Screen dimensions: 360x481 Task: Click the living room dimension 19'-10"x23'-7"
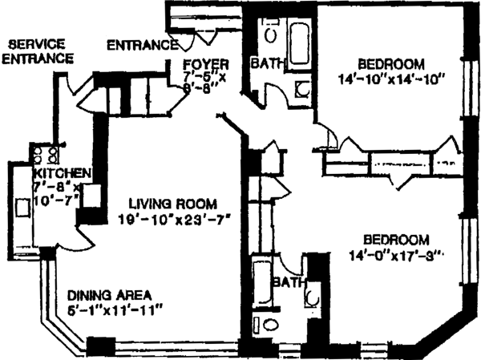pyautogui.click(x=174, y=219)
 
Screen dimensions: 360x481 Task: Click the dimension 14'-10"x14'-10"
pyautogui.click(x=390, y=80)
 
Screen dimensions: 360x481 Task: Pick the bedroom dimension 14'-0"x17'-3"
pyautogui.click(x=396, y=255)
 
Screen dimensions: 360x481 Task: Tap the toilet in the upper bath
pyautogui.click(x=271, y=34)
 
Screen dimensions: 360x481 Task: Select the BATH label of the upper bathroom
pyautogui.click(x=265, y=64)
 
